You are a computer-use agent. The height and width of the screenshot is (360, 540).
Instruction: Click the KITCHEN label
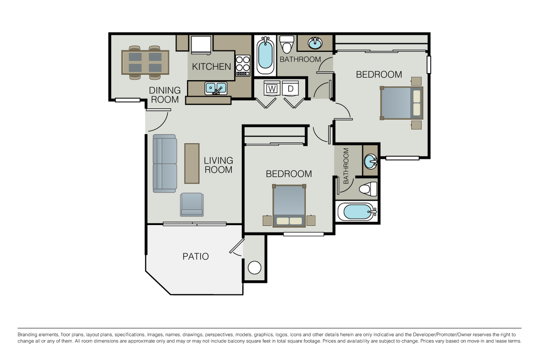pyautogui.click(x=212, y=67)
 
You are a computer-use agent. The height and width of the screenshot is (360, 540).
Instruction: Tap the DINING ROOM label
pyautogui.click(x=165, y=95)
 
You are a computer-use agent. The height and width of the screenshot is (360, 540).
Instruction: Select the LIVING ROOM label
pyautogui.click(x=218, y=165)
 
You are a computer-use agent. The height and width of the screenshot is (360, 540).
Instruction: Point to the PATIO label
pyautogui.click(x=196, y=256)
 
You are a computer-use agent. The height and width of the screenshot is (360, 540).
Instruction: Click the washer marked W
pyautogui.click(x=272, y=89)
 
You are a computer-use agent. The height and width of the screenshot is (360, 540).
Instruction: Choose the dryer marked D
pyautogui.click(x=290, y=89)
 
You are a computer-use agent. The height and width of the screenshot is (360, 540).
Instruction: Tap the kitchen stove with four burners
pyautogui.click(x=243, y=65)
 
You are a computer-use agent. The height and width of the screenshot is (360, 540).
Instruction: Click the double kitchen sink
pyautogui.click(x=216, y=88)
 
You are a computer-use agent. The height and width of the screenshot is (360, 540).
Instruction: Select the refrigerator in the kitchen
pyautogui.click(x=201, y=45)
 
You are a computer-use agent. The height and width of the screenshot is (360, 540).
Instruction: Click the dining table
pyautogui.click(x=145, y=63)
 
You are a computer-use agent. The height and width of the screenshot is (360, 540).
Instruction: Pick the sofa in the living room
pyautogui.click(x=165, y=163)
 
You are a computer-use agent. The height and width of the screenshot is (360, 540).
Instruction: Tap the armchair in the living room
pyautogui.click(x=192, y=205)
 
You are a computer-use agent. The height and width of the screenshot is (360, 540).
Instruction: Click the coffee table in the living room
pyautogui.click(x=192, y=163)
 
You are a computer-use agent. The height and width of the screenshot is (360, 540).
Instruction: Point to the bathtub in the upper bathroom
pyautogui.click(x=265, y=56)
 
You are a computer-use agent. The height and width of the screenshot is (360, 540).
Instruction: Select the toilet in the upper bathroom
pyautogui.click(x=287, y=44)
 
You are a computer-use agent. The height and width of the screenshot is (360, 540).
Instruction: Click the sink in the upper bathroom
pyautogui.click(x=315, y=43)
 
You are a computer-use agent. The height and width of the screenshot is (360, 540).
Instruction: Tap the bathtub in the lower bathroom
pyautogui.click(x=356, y=212)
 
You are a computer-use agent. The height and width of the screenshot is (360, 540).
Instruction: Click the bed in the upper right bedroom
pyautogui.click(x=402, y=103)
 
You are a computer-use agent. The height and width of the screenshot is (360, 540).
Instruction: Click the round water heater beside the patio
pyautogui.click(x=254, y=267)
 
